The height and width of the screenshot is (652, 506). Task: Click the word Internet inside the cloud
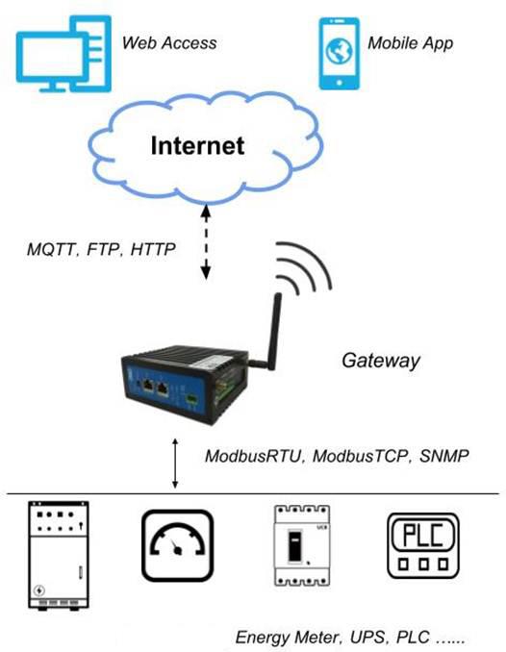pyautogui.click(x=197, y=145)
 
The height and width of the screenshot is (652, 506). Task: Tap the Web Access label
pyautogui.click(x=169, y=43)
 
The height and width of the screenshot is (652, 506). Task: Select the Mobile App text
pyautogui.click(x=411, y=43)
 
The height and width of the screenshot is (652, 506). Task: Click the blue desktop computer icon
pyautogui.click(x=63, y=54)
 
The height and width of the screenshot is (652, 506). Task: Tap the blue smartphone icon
pyautogui.click(x=339, y=54)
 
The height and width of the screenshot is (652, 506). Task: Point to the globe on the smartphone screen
pyautogui.click(x=340, y=51)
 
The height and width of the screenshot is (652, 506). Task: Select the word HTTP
pyautogui.click(x=153, y=249)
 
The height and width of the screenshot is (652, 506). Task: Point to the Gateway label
pyautogui.click(x=381, y=361)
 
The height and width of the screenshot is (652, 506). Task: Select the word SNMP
pyautogui.click(x=444, y=456)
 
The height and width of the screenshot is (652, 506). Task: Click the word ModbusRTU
pyautogui.click(x=253, y=456)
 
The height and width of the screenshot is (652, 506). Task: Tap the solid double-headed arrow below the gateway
pyautogui.click(x=175, y=464)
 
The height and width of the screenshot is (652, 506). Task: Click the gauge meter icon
pyautogui.click(x=178, y=545)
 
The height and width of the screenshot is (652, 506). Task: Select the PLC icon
pyautogui.click(x=423, y=545)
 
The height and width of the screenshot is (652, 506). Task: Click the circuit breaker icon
pyautogui.click(x=302, y=545)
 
